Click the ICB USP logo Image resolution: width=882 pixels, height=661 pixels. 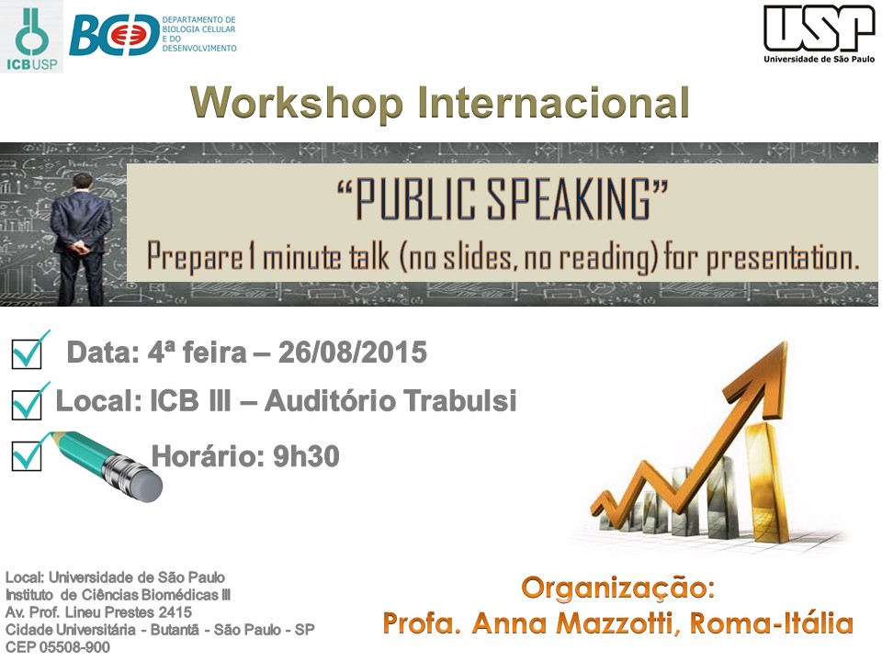pyautogui.click(x=31, y=37)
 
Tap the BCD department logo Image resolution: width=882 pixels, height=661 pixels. pyautogui.click(x=153, y=35)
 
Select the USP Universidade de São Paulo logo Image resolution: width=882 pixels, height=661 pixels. pyautogui.click(x=819, y=34)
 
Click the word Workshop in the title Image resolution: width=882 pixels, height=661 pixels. pyautogui.click(x=297, y=103)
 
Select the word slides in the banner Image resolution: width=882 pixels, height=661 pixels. pyautogui.click(x=480, y=257)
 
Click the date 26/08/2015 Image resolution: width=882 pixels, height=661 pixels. pyautogui.click(x=353, y=353)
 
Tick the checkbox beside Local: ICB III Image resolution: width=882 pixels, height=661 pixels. pyautogui.click(x=27, y=405)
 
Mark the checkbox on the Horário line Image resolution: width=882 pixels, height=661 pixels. pyautogui.click(x=27, y=456)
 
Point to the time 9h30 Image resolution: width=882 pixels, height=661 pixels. pyautogui.click(x=307, y=456)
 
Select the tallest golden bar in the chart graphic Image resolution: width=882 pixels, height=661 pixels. pyautogui.click(x=763, y=480)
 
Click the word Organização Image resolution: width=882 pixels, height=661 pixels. pyautogui.click(x=618, y=588)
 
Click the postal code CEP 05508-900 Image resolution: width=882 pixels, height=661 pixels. pyautogui.click(x=58, y=647)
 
